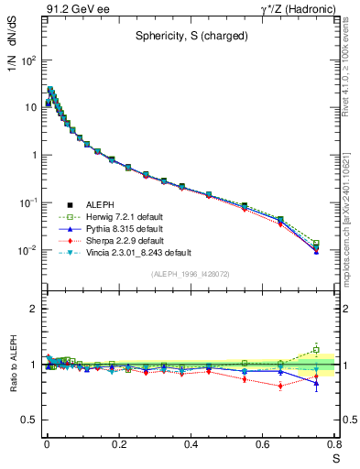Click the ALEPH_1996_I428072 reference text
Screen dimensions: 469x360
click(x=191, y=274)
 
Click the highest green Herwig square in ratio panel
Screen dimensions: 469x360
click(x=316, y=350)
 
